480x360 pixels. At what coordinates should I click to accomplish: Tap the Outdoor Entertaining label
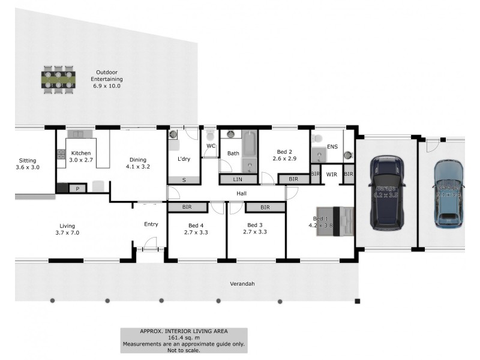pyautogui.click(x=107, y=79)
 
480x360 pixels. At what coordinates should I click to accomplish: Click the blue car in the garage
pyautogui.click(x=449, y=193)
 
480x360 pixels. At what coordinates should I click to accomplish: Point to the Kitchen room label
pyautogui.click(x=81, y=153)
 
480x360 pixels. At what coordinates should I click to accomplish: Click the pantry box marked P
pyautogui.click(x=77, y=188)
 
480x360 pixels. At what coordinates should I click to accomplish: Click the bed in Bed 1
pyautogui.click(x=335, y=222)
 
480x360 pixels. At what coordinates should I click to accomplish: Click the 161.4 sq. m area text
pyautogui.click(x=184, y=337)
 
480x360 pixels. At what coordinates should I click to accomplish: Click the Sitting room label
pyautogui.click(x=28, y=160)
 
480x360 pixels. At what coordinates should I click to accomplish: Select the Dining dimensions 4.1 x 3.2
pyautogui.click(x=138, y=167)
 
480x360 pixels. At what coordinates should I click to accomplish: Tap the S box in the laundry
pyautogui.click(x=184, y=180)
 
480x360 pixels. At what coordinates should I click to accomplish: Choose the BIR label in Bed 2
pyautogui.click(x=293, y=179)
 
